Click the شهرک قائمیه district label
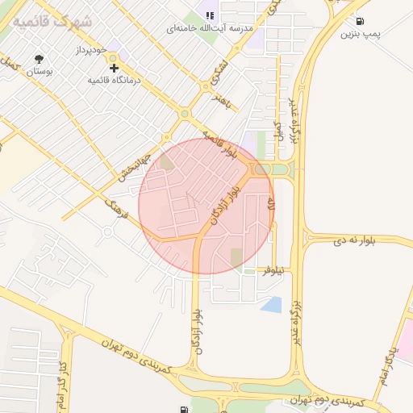(x=52, y=22)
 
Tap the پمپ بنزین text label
(x=359, y=34)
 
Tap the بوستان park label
(x=39, y=72)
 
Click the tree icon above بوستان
(x=39, y=59)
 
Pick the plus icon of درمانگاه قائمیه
(x=114, y=68)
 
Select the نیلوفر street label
(x=273, y=272)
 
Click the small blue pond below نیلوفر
(x=271, y=305)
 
